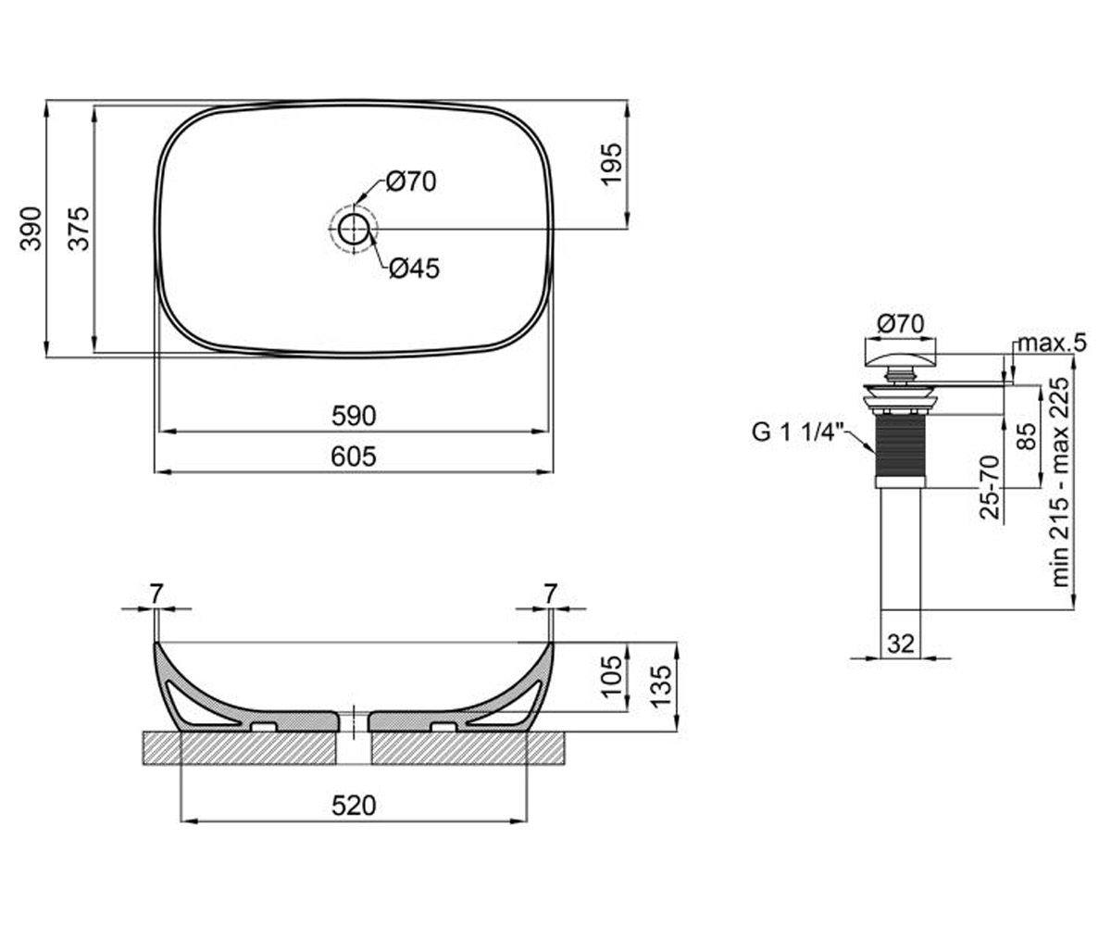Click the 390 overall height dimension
tap(31, 229)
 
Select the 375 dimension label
tap(79, 229)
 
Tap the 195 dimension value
tap(611, 164)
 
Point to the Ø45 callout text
tap(414, 269)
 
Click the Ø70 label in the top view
tap(411, 181)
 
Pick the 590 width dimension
tap(354, 416)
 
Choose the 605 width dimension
tap(354, 457)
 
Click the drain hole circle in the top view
tap(354, 229)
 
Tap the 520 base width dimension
tap(354, 806)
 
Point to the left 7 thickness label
tap(156, 594)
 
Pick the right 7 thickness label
tap(551, 594)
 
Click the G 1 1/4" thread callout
tap(797, 432)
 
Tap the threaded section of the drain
tap(900, 446)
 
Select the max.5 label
tap(1052, 344)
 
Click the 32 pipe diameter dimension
tap(901, 644)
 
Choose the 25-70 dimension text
tap(990, 487)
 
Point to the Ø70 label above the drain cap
tap(901, 323)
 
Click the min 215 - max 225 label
tap(1060, 482)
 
